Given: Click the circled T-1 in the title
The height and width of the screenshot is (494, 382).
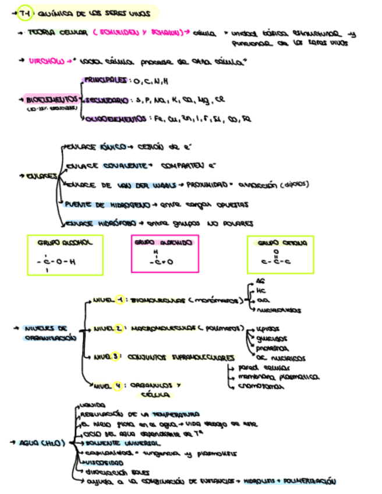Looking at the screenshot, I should coord(24,12).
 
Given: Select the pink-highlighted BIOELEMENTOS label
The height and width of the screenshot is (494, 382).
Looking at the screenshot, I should coord(45,100).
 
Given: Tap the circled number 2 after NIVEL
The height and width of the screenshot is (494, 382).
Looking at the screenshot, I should coord(119,329).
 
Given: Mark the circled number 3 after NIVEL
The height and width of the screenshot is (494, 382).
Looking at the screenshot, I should coord(116,357).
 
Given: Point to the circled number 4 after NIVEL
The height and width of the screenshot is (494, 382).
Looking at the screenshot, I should coord(118,384).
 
